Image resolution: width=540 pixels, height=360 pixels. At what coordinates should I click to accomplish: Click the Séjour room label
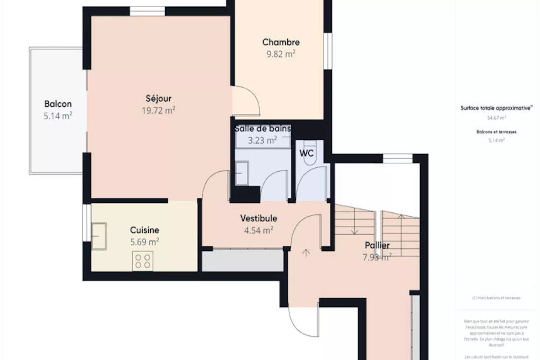coord(158,99)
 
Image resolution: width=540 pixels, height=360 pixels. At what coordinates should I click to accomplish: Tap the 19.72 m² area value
coord(158,110)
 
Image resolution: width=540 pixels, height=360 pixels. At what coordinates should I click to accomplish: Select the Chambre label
coord(281,42)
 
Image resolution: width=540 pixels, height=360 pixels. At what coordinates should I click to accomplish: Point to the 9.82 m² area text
coord(281,54)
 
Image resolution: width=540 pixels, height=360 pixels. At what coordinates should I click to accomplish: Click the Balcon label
coord(58,104)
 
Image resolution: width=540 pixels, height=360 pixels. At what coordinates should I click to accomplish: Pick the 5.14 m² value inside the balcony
coord(58,116)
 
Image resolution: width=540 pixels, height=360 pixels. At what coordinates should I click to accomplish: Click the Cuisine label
coord(145,230)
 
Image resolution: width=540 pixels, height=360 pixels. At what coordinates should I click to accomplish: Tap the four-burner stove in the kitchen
coord(143,261)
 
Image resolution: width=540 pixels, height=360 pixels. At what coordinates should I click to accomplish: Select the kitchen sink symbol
coord(99,236)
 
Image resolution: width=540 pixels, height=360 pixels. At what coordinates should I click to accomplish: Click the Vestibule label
coord(259,218)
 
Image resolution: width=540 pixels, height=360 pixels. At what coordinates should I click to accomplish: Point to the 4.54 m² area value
coord(258,230)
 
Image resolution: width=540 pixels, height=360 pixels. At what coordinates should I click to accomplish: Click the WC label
coord(306,153)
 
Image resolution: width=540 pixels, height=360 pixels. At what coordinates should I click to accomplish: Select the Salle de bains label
coord(263,129)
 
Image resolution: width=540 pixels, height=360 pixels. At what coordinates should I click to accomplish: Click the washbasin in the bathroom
coord(241,173)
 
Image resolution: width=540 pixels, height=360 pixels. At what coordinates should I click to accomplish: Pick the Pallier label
coord(377,245)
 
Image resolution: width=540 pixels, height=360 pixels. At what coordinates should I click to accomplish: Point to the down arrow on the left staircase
coord(354,231)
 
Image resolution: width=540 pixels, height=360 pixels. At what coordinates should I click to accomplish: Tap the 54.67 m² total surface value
coord(496,118)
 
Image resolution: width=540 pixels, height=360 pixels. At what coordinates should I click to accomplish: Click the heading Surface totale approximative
coord(496,108)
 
